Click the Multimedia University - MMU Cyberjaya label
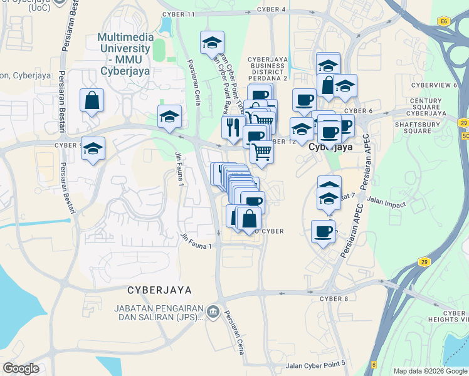coord(124,54)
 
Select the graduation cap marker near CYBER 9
coord(93,149)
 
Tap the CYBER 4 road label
coord(271,9)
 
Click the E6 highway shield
coord(445,21)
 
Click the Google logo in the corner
coord(21,368)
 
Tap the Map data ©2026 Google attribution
coord(430,371)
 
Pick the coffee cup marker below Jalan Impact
coord(323,232)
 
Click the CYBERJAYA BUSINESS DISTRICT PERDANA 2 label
coord(268,68)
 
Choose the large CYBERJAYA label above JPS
coord(159,290)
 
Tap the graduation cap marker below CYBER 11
coord(212,43)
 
